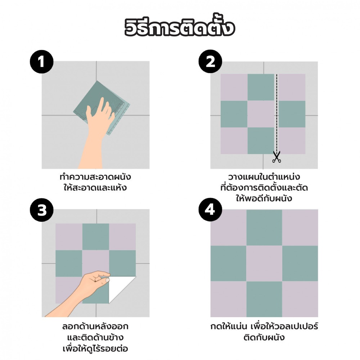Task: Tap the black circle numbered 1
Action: [41, 62]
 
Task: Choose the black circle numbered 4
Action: [210, 210]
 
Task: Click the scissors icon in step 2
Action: [276, 157]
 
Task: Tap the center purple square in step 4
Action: [264, 264]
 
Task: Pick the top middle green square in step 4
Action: [264, 228]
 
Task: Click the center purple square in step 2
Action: [261, 114]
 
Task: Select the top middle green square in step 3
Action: [95, 237]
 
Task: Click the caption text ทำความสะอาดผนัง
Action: [95, 177]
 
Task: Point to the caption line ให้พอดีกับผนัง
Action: [264, 198]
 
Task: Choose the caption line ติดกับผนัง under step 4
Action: [264, 338]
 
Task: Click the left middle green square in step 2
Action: [234, 114]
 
